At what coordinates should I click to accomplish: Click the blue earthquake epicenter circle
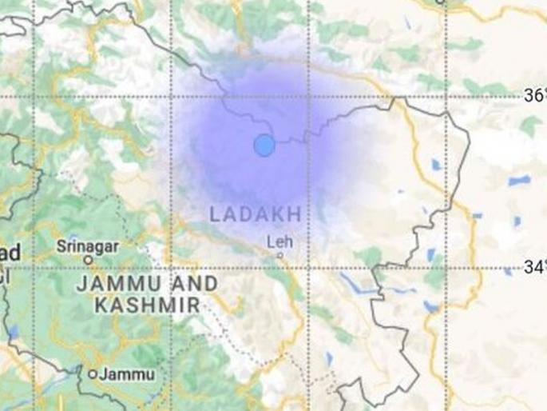(264, 146)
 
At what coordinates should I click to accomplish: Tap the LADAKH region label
(256, 214)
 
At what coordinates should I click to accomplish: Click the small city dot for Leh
(279, 255)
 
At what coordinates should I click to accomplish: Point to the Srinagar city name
(89, 245)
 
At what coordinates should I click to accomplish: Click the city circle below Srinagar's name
(89, 260)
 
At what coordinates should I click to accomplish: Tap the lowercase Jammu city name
(120, 373)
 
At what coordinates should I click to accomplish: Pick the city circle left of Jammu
(93, 373)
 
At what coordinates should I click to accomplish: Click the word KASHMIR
(146, 304)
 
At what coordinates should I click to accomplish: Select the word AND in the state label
(194, 283)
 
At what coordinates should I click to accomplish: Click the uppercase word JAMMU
(117, 283)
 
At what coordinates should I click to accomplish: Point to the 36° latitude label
(534, 96)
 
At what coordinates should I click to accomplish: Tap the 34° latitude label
(534, 267)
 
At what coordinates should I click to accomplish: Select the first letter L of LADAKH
(214, 214)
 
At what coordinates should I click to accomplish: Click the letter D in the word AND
(209, 283)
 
